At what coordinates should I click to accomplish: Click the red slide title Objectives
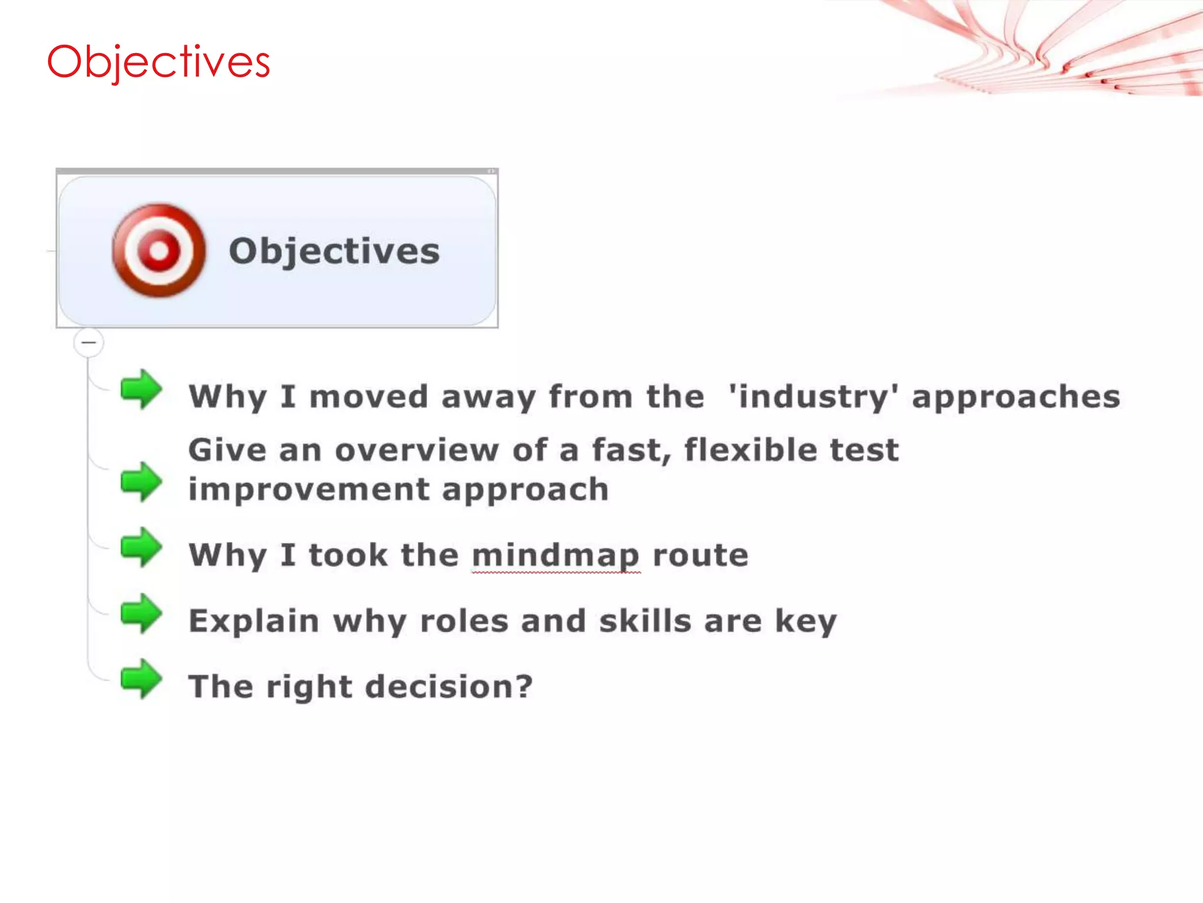(159, 62)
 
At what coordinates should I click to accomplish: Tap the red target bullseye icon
(159, 251)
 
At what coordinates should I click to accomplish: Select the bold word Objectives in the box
(334, 252)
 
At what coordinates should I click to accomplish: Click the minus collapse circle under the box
(89, 342)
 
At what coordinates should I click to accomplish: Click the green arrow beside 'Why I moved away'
(141, 389)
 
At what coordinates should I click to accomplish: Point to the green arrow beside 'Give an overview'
(141, 482)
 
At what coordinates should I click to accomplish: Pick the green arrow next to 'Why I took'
(141, 547)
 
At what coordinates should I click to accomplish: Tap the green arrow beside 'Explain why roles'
(141, 614)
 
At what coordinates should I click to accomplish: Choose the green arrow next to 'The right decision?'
(141, 680)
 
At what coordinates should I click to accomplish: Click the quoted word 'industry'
(813, 396)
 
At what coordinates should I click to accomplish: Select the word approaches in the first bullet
(1016, 397)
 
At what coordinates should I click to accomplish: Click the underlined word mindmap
(556, 556)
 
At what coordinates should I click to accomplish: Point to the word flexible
(751, 450)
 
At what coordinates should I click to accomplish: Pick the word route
(701, 556)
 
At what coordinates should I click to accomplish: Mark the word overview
(417, 450)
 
